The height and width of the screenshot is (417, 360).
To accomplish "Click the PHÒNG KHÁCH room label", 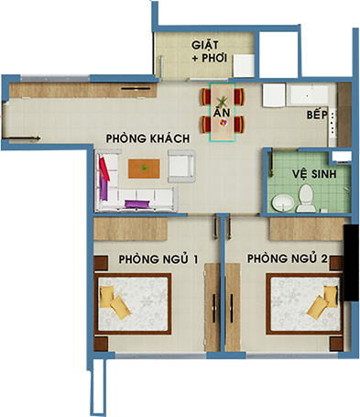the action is pyautogui.click(x=147, y=138).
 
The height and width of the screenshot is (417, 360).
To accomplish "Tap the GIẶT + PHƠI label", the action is pyautogui.click(x=210, y=51).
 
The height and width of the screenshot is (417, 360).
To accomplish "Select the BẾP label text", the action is pyautogui.click(x=317, y=115).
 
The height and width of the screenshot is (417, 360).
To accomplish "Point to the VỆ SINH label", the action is pyautogui.click(x=314, y=174).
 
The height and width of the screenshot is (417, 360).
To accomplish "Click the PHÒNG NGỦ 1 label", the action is pyautogui.click(x=158, y=259).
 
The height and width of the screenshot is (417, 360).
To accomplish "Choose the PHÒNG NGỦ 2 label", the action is pyautogui.click(x=287, y=258).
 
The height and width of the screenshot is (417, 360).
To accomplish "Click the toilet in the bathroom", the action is pyautogui.click(x=306, y=198).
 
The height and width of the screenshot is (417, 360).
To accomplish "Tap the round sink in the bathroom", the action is pyautogui.click(x=283, y=203).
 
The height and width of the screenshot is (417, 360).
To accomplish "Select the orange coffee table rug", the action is pyautogui.click(x=144, y=169).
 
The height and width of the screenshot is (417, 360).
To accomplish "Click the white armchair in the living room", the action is pyautogui.click(x=181, y=166).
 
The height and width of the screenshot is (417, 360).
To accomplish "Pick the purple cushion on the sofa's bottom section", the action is pyautogui.click(x=137, y=204).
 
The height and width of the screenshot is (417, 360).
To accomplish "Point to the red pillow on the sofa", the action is pyautogui.click(x=104, y=169).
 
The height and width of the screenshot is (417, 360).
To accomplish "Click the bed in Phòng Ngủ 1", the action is pyautogui.click(x=133, y=303).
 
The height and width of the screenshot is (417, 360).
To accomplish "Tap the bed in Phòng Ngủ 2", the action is pyautogui.click(x=304, y=303).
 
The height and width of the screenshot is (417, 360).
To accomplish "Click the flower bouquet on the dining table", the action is pyautogui.click(x=224, y=123).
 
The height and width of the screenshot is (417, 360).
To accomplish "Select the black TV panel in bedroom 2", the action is pyautogui.click(x=351, y=263).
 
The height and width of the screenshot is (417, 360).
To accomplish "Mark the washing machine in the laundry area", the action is pyautogui.click(x=244, y=66).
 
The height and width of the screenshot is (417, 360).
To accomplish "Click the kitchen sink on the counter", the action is pyautogui.click(x=309, y=94).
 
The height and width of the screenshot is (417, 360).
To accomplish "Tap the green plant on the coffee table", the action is pyautogui.click(x=144, y=168).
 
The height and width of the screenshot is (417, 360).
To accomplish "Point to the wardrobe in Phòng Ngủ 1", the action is pyautogui.click(x=213, y=307).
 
